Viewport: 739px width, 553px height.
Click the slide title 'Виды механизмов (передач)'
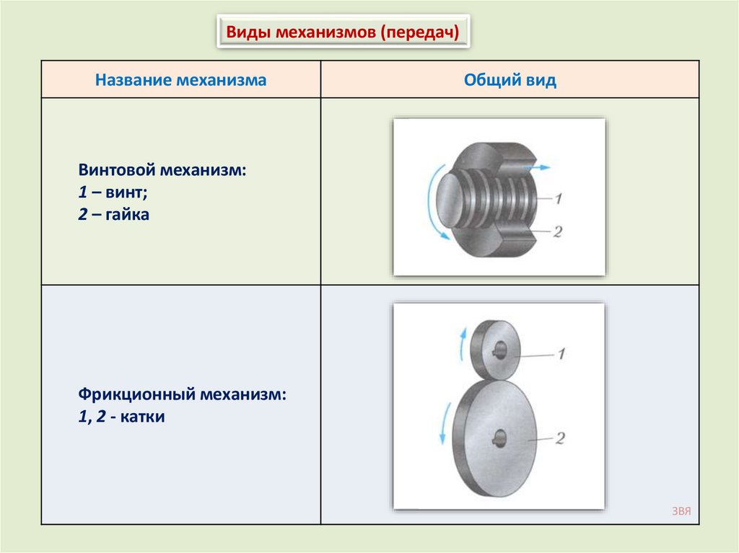343,32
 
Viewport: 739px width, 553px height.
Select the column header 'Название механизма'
181,80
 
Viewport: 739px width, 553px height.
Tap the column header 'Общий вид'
510,80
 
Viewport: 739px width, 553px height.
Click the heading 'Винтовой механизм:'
162,172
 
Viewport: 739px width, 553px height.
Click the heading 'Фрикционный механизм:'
182,395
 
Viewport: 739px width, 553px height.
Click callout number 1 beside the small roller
561,353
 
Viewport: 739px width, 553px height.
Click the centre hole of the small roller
499,352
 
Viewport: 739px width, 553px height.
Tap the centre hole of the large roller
499,436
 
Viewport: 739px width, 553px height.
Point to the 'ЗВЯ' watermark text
681,511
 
